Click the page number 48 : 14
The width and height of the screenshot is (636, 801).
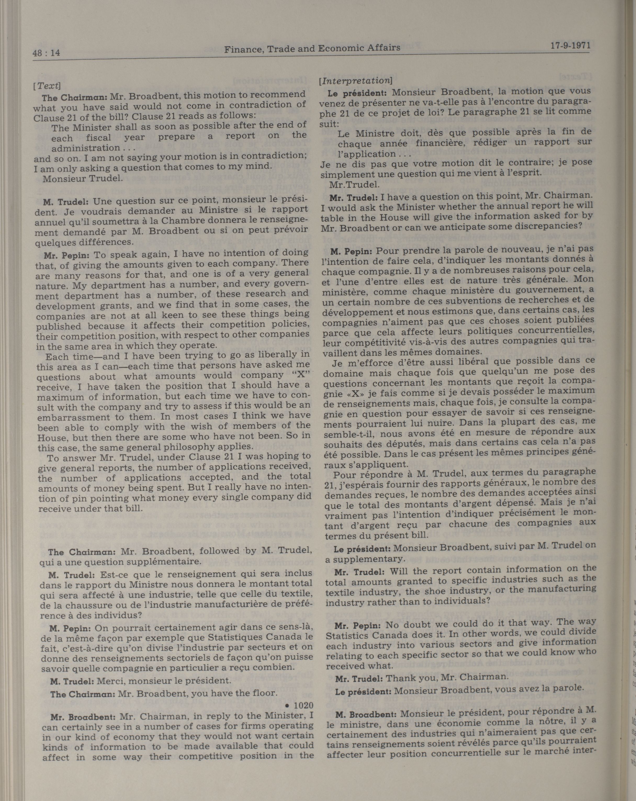tap(46, 53)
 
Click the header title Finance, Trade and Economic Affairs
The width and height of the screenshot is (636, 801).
tap(312, 48)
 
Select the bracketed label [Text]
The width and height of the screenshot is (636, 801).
tap(46, 86)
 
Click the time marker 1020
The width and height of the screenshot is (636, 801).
tap(303, 705)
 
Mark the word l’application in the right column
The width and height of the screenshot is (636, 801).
tap(366, 154)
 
